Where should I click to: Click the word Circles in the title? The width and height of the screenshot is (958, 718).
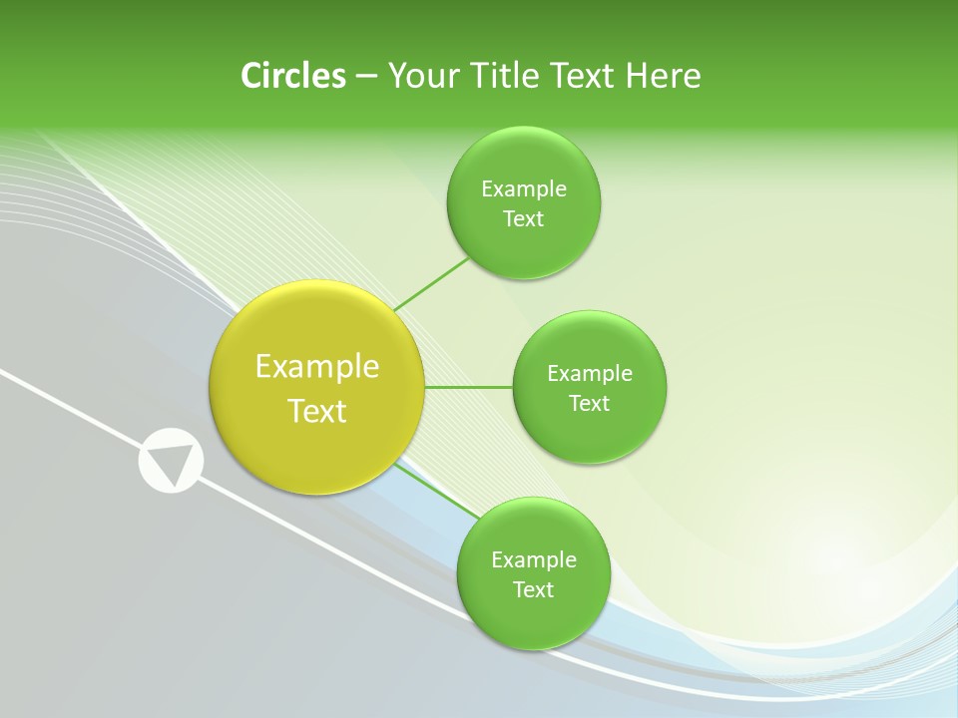[x=292, y=76]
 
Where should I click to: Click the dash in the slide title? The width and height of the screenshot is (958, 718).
[x=365, y=77]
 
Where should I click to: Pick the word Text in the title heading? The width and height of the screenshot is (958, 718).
[x=586, y=76]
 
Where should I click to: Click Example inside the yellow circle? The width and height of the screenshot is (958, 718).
[x=317, y=367]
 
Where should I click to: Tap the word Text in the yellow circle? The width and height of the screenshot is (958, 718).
[x=317, y=411]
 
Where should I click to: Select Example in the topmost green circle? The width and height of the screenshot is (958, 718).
[x=524, y=189]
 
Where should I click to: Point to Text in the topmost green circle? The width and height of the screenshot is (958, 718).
[x=524, y=219]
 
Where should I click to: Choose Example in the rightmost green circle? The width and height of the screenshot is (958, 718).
[x=590, y=374]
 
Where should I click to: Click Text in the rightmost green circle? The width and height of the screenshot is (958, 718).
[x=590, y=404]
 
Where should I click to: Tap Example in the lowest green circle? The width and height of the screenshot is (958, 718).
[x=534, y=560]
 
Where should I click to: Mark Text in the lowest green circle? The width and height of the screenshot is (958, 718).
[x=534, y=590]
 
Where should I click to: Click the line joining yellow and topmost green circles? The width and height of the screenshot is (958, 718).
[x=431, y=284]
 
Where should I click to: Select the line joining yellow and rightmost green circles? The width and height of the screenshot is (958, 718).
[x=469, y=387]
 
